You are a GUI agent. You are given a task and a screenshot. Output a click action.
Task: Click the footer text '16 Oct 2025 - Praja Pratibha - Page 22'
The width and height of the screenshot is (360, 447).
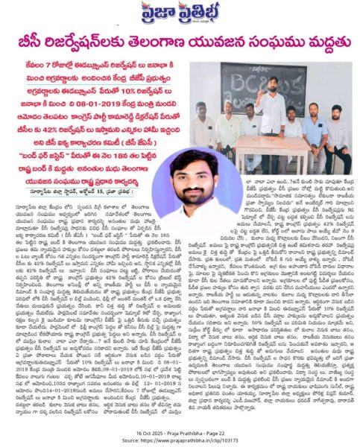coord(180,431)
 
